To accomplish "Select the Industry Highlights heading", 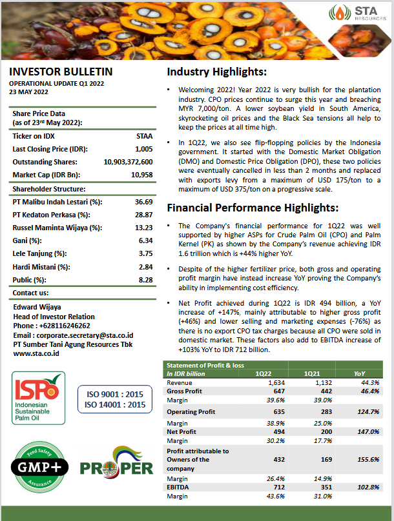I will coord(216,72).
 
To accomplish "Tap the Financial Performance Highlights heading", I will coord(253,208).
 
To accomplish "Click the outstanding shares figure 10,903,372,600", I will coord(128,162).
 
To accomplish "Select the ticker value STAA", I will coord(145,136).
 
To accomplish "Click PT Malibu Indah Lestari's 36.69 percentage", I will coord(143,202).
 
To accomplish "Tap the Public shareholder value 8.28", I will coord(145,280).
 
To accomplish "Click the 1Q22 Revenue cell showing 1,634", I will coord(276,382).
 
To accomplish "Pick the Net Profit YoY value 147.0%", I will coord(367,431).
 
